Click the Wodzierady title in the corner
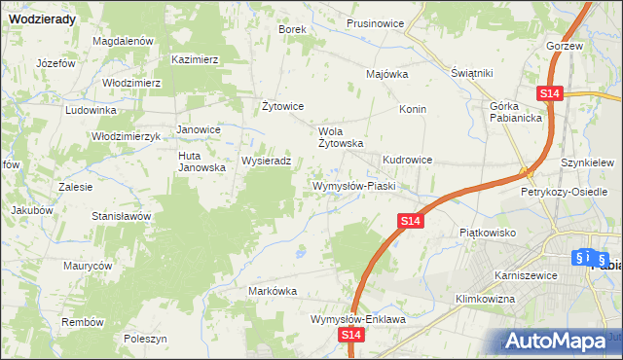(x=45, y=17)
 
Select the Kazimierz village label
(x=195, y=59)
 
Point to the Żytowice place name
(x=283, y=106)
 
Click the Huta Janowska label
(x=202, y=161)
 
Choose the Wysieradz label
(x=266, y=161)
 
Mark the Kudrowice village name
(x=414, y=158)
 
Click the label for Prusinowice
(x=375, y=24)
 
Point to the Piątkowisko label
(x=486, y=233)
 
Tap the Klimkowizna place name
(x=484, y=299)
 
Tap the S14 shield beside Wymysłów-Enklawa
(x=351, y=335)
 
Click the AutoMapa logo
(x=558, y=341)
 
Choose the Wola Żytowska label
(x=342, y=136)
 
